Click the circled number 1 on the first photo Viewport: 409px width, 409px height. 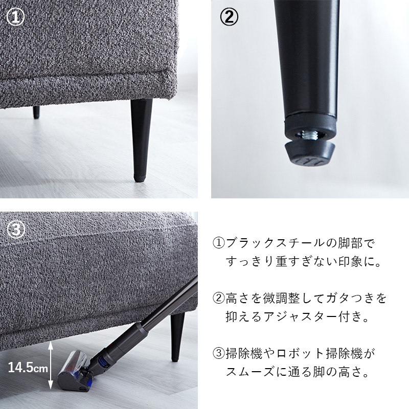click(15, 17)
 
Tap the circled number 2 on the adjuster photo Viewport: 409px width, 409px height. click(229, 17)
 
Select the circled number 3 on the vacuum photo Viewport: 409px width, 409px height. click(16, 230)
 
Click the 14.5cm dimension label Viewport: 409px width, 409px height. click(28, 368)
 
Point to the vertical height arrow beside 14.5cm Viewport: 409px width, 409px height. click(51, 365)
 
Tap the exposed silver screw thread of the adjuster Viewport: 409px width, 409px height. click(309, 135)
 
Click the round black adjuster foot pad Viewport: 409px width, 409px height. click(309, 154)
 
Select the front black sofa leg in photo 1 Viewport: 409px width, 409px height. click(141, 140)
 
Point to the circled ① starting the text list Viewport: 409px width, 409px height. click(219, 243)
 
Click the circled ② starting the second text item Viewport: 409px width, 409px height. click(219, 299)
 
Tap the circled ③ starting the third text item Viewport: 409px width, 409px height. click(219, 354)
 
